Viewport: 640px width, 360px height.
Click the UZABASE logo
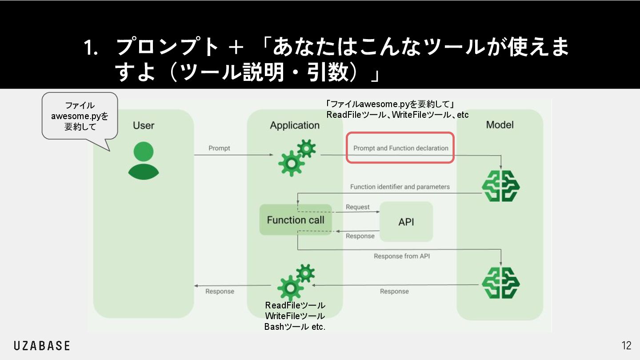pyautogui.click(x=42, y=346)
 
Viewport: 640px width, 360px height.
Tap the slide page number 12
pyautogui.click(x=626, y=346)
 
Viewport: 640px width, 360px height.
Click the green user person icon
pyautogui.click(x=143, y=160)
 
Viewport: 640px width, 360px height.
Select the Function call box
pyautogui.click(x=296, y=220)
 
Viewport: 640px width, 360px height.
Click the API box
pyautogui.click(x=406, y=222)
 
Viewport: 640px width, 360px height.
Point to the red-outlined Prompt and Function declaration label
pyautogui.click(x=400, y=148)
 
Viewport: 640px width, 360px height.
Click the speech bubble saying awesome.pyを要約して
pyautogui.click(x=80, y=116)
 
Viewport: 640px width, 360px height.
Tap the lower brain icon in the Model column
pyautogui.click(x=501, y=283)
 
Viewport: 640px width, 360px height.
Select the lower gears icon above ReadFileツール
pyautogui.click(x=296, y=282)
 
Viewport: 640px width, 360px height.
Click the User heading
pyautogui.click(x=144, y=125)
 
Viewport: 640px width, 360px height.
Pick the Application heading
pyautogui.click(x=295, y=125)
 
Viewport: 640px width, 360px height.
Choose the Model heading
pyautogui.click(x=500, y=125)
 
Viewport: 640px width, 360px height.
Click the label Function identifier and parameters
pyautogui.click(x=400, y=187)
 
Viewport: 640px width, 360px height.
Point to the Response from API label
pyautogui.click(x=401, y=256)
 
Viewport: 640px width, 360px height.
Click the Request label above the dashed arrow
pyautogui.click(x=357, y=207)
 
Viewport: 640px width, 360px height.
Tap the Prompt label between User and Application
pyautogui.click(x=219, y=148)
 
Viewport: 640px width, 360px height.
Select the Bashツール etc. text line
pyautogui.click(x=295, y=327)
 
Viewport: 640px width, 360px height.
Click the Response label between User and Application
pyautogui.click(x=220, y=291)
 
